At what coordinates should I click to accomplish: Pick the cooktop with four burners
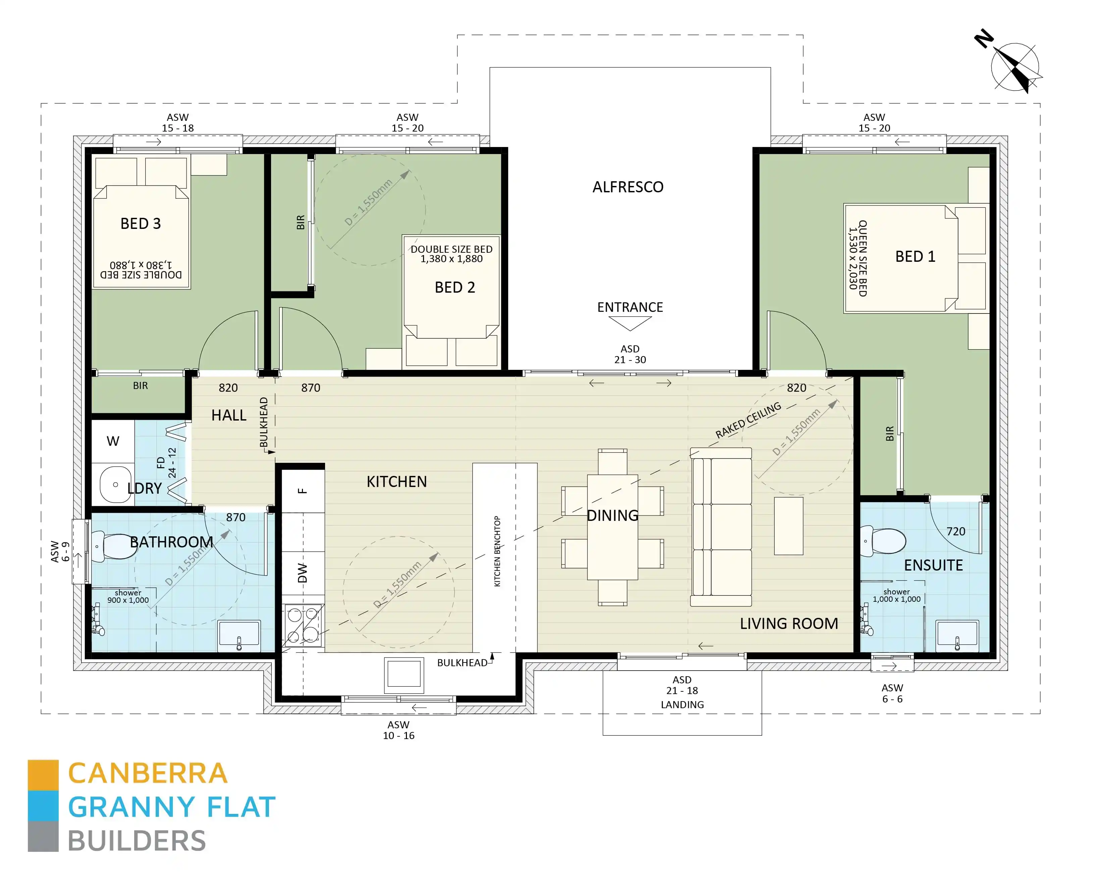303,625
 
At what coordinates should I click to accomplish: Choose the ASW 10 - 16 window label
399,730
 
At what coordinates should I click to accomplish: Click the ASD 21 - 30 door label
630,354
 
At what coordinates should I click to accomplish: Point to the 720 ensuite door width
955,531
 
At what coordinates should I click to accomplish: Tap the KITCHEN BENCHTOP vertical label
498,551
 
